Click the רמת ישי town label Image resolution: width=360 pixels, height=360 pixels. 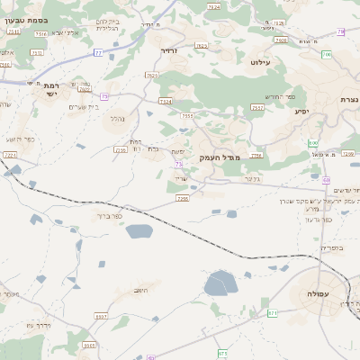click(50, 87)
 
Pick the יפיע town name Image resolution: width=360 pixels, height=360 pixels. click(302, 112)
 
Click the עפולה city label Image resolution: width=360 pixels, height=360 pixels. click(318, 294)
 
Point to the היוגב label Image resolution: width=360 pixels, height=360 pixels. click(140, 291)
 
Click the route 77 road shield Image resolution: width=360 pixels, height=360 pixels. click(98, 53)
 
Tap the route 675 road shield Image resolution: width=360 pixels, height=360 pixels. click(222, 354)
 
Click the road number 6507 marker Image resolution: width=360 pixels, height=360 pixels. click(101, 317)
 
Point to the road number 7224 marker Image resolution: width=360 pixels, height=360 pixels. click(10, 155)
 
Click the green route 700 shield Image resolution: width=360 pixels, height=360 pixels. click(326, 55)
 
